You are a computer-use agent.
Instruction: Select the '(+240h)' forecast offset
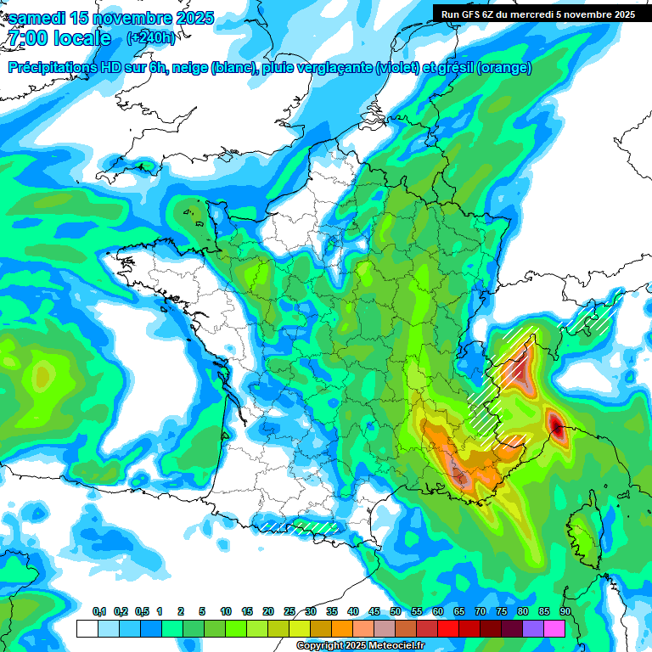151,38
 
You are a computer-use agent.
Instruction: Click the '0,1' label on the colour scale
99,612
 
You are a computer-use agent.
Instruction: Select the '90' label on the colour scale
565,612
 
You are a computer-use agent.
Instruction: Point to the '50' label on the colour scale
396,612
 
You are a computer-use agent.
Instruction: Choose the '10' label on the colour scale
226,612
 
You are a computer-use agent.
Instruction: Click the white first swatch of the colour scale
87,628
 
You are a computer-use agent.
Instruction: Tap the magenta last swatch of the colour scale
554,628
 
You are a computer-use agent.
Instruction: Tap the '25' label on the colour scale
289,612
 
